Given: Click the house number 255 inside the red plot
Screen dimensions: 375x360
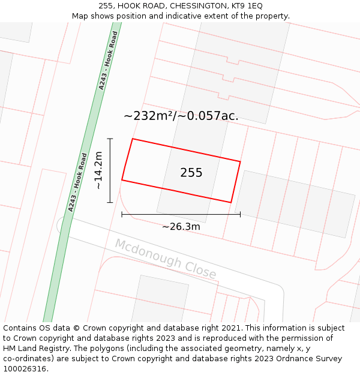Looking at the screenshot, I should (191, 173).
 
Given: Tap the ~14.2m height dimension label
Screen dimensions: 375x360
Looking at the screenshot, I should (99, 170).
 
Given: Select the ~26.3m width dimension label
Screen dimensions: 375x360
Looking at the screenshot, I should (181, 226).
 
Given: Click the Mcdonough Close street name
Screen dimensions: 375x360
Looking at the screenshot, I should (166, 259).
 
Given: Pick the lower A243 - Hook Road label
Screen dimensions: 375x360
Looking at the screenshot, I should (77, 182).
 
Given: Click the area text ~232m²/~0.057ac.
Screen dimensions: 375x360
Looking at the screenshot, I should (181, 116).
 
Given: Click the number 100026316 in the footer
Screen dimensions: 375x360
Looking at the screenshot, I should (25, 369).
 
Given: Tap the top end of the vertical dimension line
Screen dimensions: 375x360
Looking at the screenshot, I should (110, 139).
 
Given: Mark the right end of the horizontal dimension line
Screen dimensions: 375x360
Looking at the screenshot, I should (240, 214).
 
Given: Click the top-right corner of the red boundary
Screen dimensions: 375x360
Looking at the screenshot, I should (240, 161).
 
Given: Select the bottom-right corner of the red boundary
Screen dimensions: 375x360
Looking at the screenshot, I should (231, 202).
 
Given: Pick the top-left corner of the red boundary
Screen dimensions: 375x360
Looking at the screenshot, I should (133, 139).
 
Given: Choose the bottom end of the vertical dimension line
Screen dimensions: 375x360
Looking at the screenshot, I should (110, 202).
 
